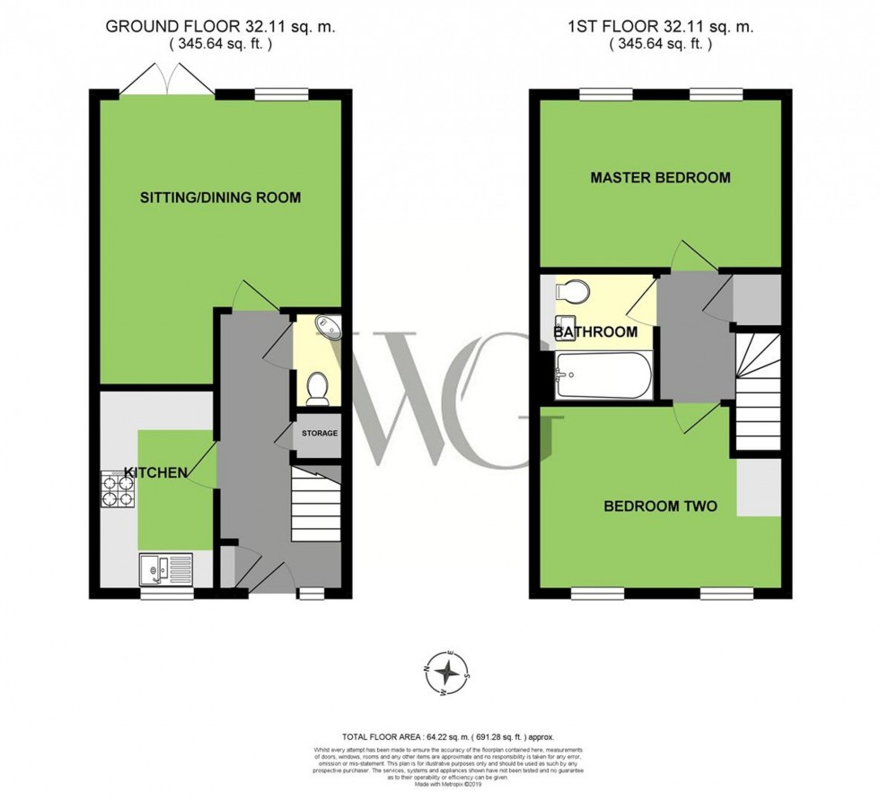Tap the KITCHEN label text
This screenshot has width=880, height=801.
click(x=155, y=472)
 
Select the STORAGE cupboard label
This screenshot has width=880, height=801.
click(x=319, y=434)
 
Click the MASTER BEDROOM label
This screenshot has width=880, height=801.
click(x=660, y=178)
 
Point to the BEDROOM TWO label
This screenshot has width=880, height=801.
click(x=660, y=506)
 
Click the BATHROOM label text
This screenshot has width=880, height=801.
click(x=595, y=332)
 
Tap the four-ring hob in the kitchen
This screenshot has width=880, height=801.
click(x=120, y=489)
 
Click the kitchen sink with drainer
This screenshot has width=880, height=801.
click(x=165, y=568)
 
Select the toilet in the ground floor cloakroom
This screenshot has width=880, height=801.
click(x=317, y=388)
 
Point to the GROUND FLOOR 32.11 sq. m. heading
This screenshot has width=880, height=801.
click(x=220, y=26)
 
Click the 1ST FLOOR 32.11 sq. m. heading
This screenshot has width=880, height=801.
click(x=660, y=26)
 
